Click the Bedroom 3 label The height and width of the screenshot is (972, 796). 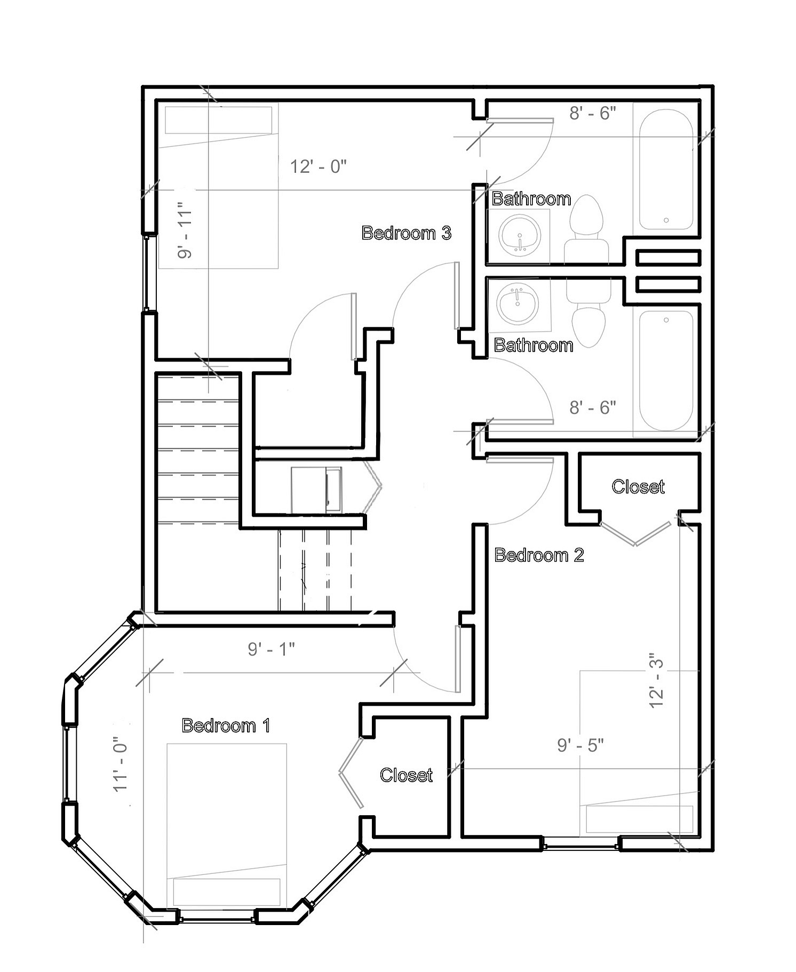tap(407, 233)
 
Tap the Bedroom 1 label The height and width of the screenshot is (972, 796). tap(226, 725)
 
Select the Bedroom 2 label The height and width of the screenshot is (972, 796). tap(539, 555)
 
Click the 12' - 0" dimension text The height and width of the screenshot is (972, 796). tap(319, 166)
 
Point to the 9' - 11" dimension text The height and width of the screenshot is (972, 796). tap(185, 231)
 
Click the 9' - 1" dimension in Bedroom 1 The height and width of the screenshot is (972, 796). tap(271, 649)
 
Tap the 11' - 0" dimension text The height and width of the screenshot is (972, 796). tap(121, 764)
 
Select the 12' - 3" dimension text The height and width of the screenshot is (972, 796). tap(656, 681)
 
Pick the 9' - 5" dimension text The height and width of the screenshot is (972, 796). tap(580, 745)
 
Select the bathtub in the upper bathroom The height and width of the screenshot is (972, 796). tap(666, 170)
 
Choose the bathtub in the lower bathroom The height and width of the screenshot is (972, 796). tap(666, 370)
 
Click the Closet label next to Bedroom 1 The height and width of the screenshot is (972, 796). tap(406, 775)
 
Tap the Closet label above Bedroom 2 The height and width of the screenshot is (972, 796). tap(638, 486)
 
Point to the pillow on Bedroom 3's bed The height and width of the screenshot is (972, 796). tap(218, 120)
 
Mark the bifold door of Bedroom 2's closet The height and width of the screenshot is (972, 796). tap(635, 534)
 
